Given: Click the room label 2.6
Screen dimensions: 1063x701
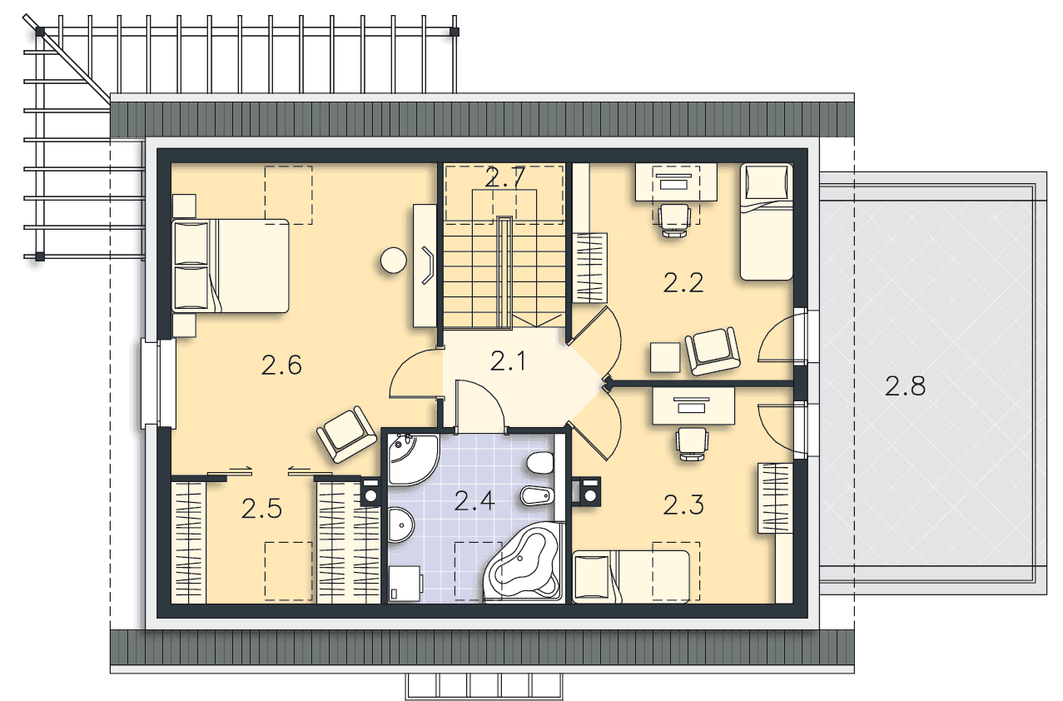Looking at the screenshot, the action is [x=281, y=365].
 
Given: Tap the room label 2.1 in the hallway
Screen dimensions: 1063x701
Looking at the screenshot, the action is [x=508, y=361].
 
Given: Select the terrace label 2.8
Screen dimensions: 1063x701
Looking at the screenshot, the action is [x=905, y=385].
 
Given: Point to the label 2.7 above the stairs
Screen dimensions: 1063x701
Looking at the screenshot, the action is [x=505, y=178].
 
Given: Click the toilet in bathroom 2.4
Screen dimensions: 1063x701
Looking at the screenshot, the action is [x=541, y=463].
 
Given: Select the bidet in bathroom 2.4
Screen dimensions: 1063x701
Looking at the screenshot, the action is [x=538, y=496].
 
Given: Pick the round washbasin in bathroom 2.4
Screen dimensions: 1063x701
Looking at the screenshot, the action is [x=401, y=525].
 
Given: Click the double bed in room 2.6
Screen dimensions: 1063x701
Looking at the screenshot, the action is [x=231, y=266].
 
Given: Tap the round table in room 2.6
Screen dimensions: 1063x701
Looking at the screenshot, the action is [x=394, y=260].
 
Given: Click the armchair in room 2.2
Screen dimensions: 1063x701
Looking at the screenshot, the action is [x=713, y=351].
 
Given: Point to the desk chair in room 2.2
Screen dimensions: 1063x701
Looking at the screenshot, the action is [x=674, y=220].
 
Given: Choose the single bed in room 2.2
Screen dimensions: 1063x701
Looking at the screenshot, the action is [x=767, y=221].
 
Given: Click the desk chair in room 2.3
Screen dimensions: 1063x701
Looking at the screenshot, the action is [x=693, y=444].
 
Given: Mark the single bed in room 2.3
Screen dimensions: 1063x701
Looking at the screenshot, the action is [x=631, y=577].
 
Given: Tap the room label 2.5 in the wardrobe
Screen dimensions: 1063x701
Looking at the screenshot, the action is [x=261, y=509].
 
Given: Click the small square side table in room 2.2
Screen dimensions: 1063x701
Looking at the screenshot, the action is [x=665, y=357].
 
